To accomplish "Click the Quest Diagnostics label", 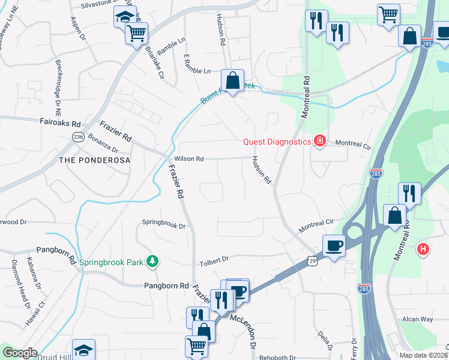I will [x=277, y=142].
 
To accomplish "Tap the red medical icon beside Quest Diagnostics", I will [x=320, y=142].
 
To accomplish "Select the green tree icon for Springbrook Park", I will [x=153, y=261].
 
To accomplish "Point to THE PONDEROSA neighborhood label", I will [x=95, y=161].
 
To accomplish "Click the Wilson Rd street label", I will [x=189, y=159].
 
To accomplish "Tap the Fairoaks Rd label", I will [x=60, y=124].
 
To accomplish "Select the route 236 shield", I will [x=78, y=137].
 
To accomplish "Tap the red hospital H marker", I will [x=423, y=249].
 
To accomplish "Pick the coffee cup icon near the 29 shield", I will [x=334, y=244].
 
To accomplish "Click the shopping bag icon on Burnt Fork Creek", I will [x=232, y=80].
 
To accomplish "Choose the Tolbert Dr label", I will [x=214, y=259].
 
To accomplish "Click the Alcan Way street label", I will [x=418, y=319].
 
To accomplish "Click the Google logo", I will [x=20, y=353].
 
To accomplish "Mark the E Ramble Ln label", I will [x=197, y=71].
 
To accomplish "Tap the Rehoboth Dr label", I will [x=277, y=357].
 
